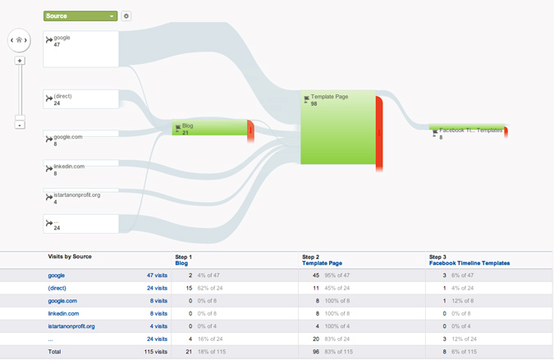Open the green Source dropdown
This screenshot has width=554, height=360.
[80, 16]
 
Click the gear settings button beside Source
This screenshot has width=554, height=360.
[126, 16]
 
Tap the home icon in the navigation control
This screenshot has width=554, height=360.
[19, 40]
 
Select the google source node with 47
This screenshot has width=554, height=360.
[81, 49]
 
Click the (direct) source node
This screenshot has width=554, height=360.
[81, 99]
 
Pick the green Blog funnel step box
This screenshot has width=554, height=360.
[209, 127]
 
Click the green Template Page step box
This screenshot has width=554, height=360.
[338, 127]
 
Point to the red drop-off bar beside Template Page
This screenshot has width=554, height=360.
[379, 134]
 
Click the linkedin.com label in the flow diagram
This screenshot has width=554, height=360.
[69, 166]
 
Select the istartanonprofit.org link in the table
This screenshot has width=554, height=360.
[71, 326]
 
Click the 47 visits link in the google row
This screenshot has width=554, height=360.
[158, 276]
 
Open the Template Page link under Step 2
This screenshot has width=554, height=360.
[323, 263]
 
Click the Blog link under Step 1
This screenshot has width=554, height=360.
[181, 263]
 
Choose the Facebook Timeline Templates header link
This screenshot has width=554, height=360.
[469, 263]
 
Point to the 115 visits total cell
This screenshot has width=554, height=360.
[156, 352]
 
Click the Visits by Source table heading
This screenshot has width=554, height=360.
[70, 257]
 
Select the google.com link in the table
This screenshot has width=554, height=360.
[62, 301]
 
